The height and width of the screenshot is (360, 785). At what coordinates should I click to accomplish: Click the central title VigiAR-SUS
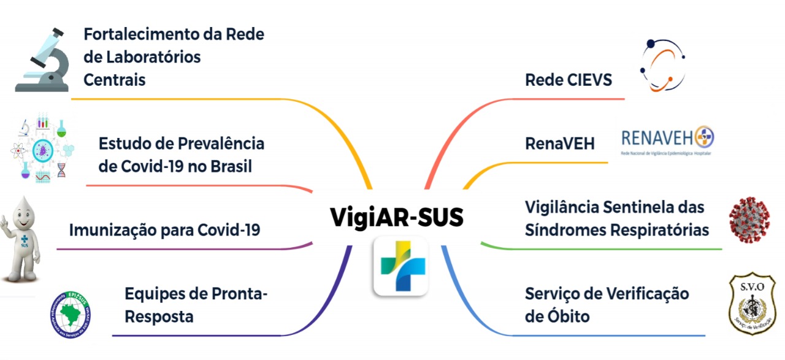[397, 217]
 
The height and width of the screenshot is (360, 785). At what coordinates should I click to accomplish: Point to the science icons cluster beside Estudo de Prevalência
[41, 148]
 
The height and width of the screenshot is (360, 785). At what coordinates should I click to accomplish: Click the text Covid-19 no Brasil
[175, 167]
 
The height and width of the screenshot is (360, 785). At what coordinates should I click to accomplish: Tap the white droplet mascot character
[21, 240]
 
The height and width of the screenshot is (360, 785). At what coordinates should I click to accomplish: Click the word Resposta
[159, 316]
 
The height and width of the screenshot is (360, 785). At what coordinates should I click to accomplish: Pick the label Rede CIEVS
[569, 80]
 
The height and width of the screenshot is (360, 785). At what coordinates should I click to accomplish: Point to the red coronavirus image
[749, 220]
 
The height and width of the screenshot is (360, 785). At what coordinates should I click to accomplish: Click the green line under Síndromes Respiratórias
[601, 249]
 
